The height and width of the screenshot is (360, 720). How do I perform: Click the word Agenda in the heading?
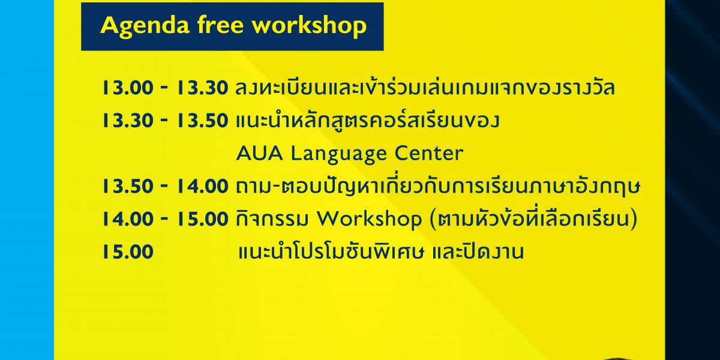point(145,26)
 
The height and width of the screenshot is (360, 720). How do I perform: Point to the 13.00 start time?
point(128,88)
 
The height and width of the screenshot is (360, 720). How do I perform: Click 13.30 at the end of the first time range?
point(203,88)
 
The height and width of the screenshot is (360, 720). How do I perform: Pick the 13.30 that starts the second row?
point(128,121)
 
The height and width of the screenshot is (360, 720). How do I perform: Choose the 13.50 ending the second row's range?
point(203,121)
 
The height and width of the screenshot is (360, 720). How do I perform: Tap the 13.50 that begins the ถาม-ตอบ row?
point(128,186)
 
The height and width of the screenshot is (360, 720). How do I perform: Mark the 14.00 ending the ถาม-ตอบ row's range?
point(203,186)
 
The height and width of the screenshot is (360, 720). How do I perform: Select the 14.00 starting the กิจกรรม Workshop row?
point(128,219)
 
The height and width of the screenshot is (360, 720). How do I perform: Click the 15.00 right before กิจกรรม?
point(203,219)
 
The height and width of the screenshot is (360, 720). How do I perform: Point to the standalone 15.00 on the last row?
point(128,251)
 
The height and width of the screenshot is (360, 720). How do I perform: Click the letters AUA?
point(260,154)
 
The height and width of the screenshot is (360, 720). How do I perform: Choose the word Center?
point(429,154)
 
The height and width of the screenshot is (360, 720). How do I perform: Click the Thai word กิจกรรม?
point(272,219)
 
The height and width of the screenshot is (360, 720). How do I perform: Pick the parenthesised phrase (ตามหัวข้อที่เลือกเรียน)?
point(533,218)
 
